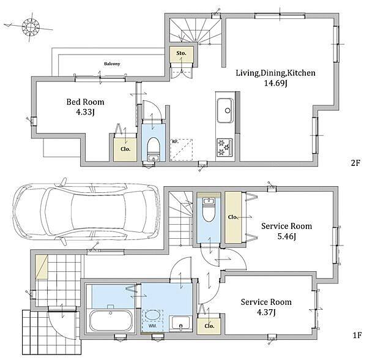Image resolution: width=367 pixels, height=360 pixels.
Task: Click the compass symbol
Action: click(31, 27)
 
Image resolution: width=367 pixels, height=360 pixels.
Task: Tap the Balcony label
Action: click(112, 64)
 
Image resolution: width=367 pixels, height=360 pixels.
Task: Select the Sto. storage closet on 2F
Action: click(182, 54)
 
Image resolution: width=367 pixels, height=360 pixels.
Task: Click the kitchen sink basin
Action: click(225, 111)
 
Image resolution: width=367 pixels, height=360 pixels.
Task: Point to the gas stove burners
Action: click(224, 147)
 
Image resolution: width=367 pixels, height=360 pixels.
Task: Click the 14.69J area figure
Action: click(275, 83)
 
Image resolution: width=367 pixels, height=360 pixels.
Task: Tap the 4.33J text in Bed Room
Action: click(85, 112)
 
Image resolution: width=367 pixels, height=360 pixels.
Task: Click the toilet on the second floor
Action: click(154, 148)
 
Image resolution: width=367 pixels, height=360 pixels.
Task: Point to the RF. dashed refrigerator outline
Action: click(181, 150)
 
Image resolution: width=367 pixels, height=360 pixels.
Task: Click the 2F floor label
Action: click(355, 162)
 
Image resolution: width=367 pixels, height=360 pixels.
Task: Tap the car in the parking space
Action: click(87, 211)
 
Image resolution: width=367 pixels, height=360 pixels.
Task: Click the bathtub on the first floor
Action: click(111, 320)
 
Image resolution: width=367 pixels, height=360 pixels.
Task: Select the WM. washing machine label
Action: click(152, 326)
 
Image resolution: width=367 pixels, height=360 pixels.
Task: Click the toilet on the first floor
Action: click(209, 210)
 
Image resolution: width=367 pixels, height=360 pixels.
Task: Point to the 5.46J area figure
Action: click(286, 236)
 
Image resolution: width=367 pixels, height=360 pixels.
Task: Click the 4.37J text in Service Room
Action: click(266, 312)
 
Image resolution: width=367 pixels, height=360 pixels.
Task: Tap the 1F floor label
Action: click(357, 336)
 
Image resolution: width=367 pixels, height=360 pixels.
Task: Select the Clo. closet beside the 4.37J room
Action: click(209, 326)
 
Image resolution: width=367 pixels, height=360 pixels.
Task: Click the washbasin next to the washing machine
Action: click(180, 323)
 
